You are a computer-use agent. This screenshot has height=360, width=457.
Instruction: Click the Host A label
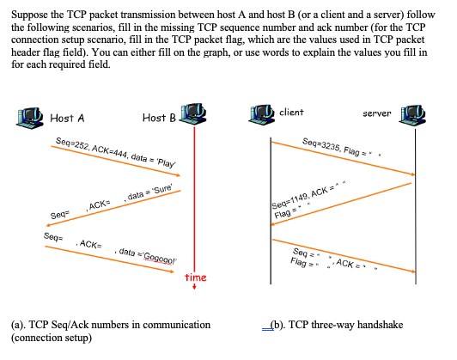pyautogui.click(x=67, y=118)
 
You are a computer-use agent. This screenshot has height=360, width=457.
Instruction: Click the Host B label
pyautogui.click(x=159, y=118)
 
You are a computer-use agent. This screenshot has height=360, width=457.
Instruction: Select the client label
pyautogui.click(x=291, y=113)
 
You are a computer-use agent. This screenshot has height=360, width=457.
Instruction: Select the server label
pyautogui.click(x=378, y=113)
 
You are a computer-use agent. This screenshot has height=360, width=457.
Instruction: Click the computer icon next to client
pyautogui.click(x=260, y=113)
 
